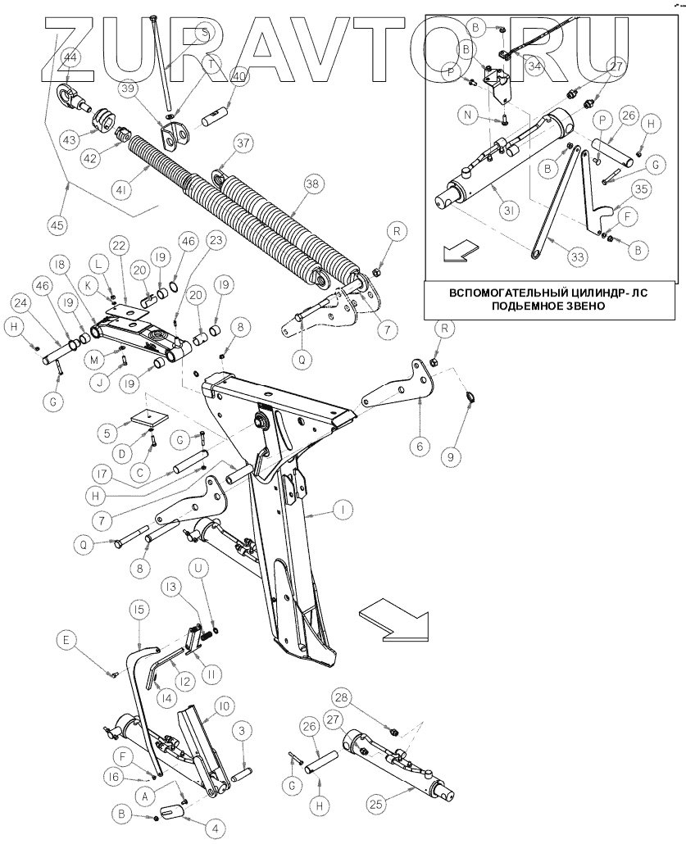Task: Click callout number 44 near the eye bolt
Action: tap(70, 58)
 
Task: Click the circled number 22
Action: tap(120, 247)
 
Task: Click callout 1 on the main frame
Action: tap(343, 510)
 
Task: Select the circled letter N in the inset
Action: tap(466, 116)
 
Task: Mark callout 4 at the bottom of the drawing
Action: tap(216, 828)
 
